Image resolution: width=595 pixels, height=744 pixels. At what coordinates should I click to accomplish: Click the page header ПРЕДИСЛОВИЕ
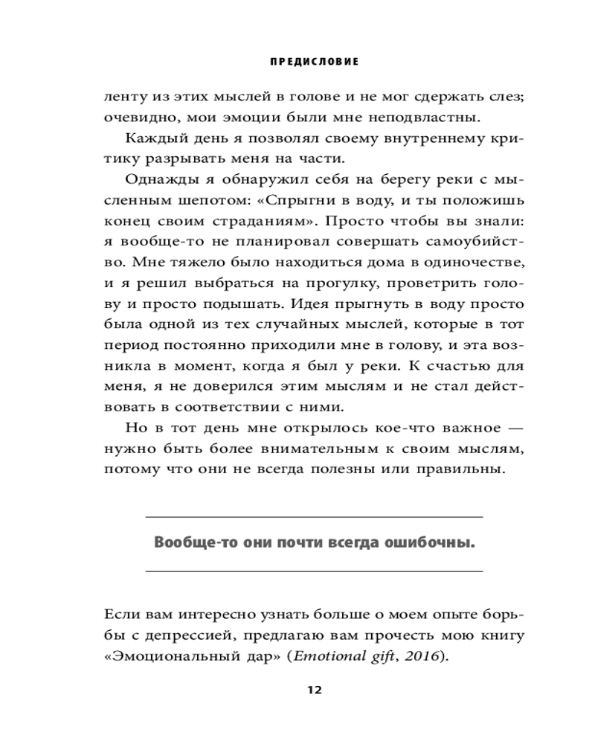pyautogui.click(x=313, y=62)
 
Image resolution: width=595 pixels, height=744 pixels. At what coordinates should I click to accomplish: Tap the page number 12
pyautogui.click(x=313, y=690)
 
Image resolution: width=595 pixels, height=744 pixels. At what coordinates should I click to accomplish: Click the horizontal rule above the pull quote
pyautogui.click(x=313, y=516)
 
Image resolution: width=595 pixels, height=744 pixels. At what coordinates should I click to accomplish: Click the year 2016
pyautogui.click(x=423, y=656)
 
